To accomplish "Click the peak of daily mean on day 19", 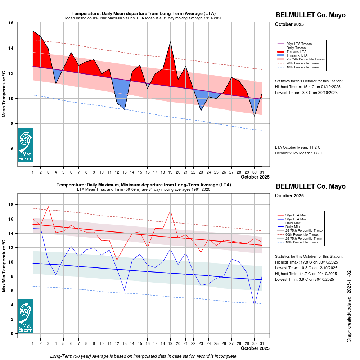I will [x=170, y=42].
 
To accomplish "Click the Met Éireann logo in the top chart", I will [x=25, y=145].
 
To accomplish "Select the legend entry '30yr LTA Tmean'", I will [x=299, y=44].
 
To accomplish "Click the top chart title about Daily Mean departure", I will [x=143, y=14].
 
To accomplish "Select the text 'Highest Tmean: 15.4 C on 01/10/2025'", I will [x=307, y=87].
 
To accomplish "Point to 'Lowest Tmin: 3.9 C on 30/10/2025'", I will [x=306, y=279].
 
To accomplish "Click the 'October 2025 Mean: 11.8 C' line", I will [x=298, y=153].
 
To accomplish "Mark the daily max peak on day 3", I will [x=48, y=207].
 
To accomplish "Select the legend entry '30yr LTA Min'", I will [x=296, y=219].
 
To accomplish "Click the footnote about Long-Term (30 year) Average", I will [x=144, y=356].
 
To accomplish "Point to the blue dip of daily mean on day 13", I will [x=124, y=109].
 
